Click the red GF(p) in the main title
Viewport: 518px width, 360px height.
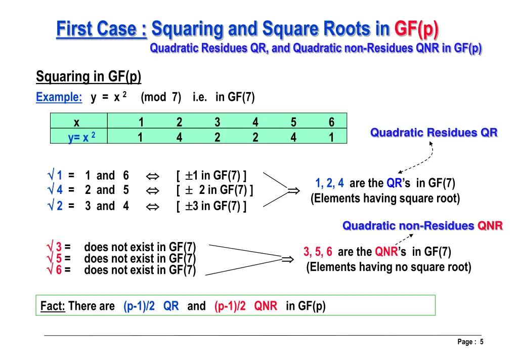tap(416, 29)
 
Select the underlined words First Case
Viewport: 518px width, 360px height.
tap(101, 29)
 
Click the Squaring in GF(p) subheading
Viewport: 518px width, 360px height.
tap(89, 77)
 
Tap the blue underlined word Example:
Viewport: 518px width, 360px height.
tap(59, 97)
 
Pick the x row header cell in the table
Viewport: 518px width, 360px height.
tap(76, 122)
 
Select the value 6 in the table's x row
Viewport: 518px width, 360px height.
tap(331, 122)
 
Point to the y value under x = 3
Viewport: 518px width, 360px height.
tap(217, 137)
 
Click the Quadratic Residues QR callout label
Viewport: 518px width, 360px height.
tap(434, 133)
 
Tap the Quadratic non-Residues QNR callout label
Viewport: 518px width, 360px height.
tap(422, 226)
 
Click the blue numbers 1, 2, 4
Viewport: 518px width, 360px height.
tap(329, 183)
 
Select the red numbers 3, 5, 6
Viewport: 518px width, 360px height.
tap(318, 252)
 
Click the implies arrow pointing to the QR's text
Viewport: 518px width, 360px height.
tap(293, 191)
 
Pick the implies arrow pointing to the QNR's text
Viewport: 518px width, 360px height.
tap(287, 259)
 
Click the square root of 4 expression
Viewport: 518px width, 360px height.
tap(55, 190)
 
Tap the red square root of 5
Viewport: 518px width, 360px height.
tap(54, 259)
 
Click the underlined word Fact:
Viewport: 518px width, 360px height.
tap(53, 306)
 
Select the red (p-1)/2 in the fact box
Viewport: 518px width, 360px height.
tap(230, 306)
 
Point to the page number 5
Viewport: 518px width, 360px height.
tap(482, 342)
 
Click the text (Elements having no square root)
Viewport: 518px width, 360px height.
tap(388, 267)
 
